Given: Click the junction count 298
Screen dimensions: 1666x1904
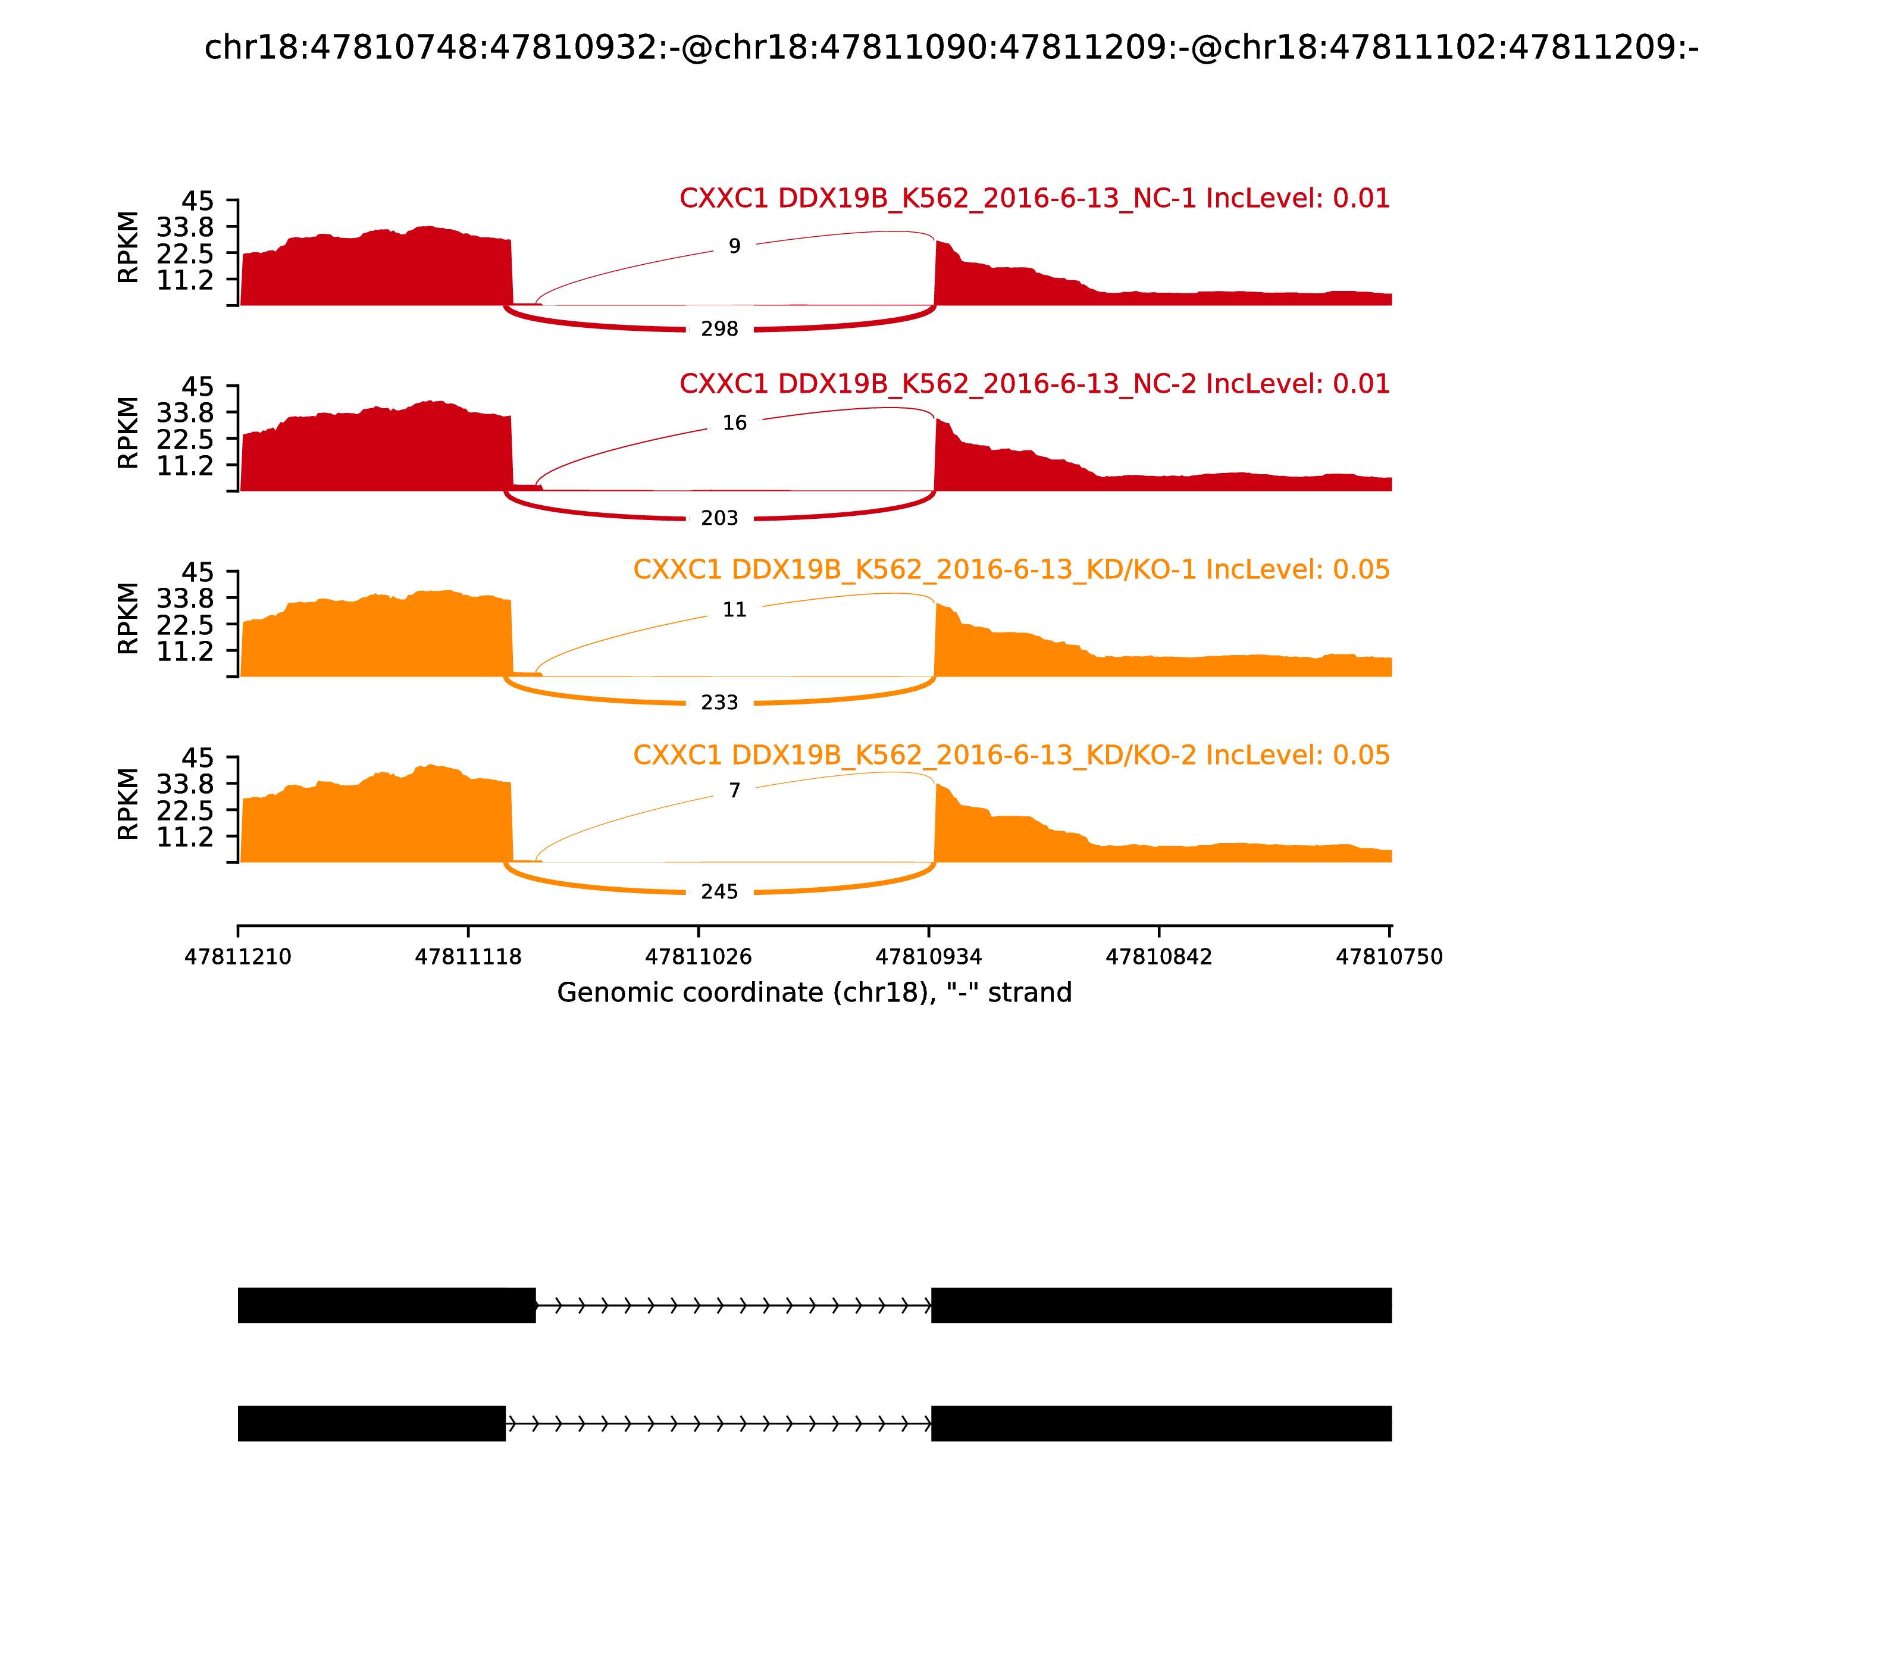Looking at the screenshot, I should pyautogui.click(x=719, y=329).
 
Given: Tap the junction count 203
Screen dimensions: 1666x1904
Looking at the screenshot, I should pyautogui.click(x=719, y=518).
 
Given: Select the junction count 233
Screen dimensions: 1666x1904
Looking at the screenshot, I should pyautogui.click(x=719, y=703).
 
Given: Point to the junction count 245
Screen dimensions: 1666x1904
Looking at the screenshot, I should pyautogui.click(x=719, y=891).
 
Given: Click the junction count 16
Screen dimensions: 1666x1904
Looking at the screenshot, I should pyautogui.click(x=734, y=423).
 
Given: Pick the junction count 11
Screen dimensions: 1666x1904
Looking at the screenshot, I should pyautogui.click(x=734, y=610).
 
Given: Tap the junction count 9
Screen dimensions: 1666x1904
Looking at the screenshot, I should pyautogui.click(x=734, y=246).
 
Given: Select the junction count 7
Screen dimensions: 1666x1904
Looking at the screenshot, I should pyautogui.click(x=734, y=790).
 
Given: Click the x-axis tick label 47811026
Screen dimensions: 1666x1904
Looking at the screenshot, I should pyautogui.click(x=698, y=957).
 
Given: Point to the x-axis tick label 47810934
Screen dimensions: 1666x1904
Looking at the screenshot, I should pyautogui.click(x=929, y=957).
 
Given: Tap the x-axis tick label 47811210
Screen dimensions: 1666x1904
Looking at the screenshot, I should pyautogui.click(x=238, y=957).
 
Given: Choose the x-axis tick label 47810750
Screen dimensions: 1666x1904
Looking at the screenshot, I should pyautogui.click(x=1389, y=957).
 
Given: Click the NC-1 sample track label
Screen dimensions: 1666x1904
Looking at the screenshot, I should pyautogui.click(x=1034, y=198).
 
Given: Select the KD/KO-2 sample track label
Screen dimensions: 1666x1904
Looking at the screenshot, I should pyautogui.click(x=1011, y=755).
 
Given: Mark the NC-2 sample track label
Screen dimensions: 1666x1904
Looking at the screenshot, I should pyautogui.click(x=1034, y=384).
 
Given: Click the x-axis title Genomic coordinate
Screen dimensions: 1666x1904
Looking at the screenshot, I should pyautogui.click(x=815, y=993).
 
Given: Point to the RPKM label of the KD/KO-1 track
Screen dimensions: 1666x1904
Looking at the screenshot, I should pyautogui.click(x=129, y=618).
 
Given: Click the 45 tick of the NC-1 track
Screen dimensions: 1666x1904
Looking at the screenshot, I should pyautogui.click(x=197, y=201).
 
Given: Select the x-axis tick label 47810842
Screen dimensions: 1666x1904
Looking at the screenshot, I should pyautogui.click(x=1159, y=957).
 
